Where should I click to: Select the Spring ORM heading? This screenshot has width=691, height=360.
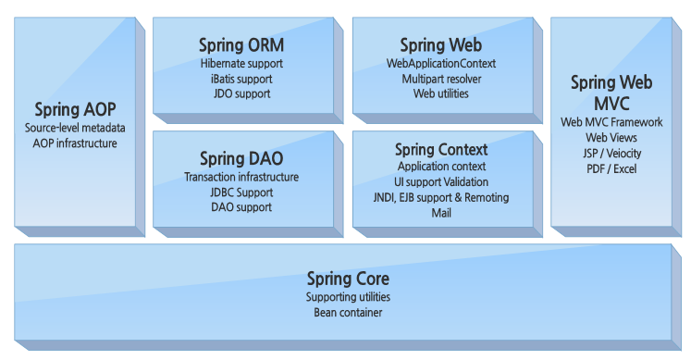[x=241, y=45]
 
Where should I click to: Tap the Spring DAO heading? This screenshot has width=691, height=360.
[x=241, y=158]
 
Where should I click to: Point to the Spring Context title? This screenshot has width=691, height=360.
[x=440, y=149]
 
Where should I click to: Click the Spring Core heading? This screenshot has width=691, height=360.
[x=348, y=279]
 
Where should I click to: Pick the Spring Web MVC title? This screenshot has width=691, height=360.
[x=611, y=93]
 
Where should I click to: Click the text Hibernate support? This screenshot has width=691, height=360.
[x=241, y=64]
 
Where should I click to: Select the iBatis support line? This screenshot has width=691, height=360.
[x=241, y=79]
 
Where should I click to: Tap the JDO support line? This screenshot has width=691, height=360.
[x=241, y=93]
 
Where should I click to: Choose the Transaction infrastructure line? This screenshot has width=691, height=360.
[x=241, y=177]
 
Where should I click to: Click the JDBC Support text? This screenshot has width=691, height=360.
[x=241, y=192]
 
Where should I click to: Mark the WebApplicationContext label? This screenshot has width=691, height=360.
[x=440, y=64]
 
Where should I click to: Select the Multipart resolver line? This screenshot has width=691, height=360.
[x=440, y=79]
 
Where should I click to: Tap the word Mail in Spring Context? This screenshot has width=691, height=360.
[x=441, y=212]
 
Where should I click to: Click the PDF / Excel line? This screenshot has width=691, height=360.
[x=611, y=168]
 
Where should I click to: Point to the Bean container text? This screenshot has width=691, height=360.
[x=348, y=313]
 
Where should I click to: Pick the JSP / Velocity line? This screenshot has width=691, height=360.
[x=611, y=153]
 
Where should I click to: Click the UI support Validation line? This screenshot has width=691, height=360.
[x=441, y=181]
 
